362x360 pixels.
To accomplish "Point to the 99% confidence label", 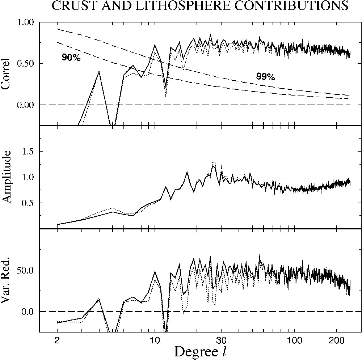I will pyautogui.click(x=265, y=76).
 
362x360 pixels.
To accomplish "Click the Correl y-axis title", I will pyautogui.click(x=6, y=73).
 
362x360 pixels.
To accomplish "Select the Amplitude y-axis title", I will pyautogui.click(x=6, y=177).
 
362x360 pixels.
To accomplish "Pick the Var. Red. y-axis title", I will pyautogui.click(x=6, y=280).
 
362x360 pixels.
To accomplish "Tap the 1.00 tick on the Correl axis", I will pyautogui.click(x=26, y=22).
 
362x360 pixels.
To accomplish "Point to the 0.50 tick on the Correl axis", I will pyautogui.click(x=26, y=63).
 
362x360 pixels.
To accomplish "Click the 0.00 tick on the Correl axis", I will pyautogui.click(x=26, y=105).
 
